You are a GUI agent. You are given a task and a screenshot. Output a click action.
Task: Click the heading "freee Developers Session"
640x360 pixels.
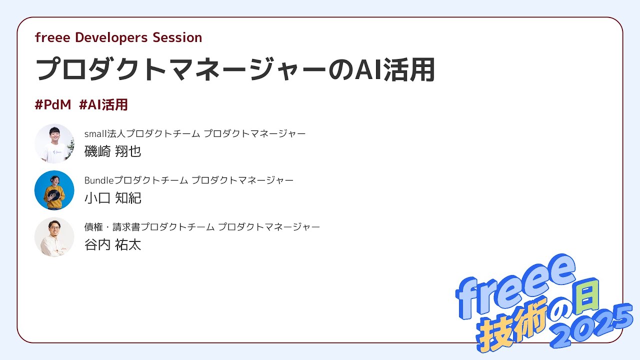click(118, 37)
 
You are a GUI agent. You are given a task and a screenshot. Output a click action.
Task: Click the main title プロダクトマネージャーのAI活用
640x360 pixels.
click(235, 70)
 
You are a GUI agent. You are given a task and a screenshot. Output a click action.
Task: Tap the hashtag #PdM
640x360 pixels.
click(53, 105)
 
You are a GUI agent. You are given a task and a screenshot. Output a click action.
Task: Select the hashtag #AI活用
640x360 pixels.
click(103, 105)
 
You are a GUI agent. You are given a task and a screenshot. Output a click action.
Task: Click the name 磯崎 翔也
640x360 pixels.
click(113, 151)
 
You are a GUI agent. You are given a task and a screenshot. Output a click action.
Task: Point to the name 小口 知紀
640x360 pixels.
click(113, 198)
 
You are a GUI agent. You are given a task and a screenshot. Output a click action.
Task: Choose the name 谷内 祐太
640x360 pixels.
click(113, 245)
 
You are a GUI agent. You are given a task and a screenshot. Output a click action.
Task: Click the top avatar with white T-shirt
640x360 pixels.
click(54, 143)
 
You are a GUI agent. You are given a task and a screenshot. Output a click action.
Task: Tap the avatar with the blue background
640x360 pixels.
click(54, 190)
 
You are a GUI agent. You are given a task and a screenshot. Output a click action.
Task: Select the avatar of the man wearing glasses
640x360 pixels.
click(54, 237)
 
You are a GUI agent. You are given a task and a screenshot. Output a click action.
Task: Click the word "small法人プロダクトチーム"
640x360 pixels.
click(142, 133)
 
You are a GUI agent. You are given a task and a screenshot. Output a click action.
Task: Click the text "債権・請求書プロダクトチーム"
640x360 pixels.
click(149, 227)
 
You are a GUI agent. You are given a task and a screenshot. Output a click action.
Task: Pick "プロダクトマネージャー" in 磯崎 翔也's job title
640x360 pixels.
click(254, 133)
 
